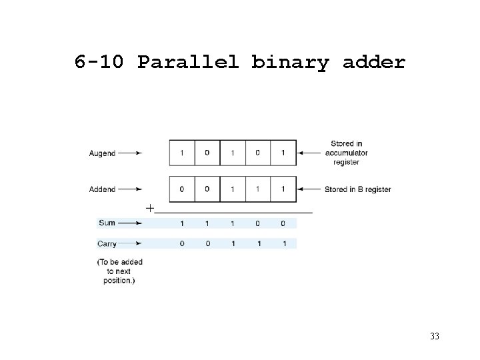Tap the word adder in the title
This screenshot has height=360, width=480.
click(373, 63)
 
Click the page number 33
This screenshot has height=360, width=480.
click(435, 336)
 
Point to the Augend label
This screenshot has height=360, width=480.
click(102, 153)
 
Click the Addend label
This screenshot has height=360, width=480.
click(102, 189)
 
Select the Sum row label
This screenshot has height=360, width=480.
click(107, 223)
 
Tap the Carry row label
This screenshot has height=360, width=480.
click(107, 244)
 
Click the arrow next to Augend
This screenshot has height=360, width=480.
click(131, 153)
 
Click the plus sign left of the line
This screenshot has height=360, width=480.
click(150, 208)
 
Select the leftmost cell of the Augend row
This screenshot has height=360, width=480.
click(182, 153)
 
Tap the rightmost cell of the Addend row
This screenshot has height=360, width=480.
click(283, 189)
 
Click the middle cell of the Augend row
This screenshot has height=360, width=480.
click(233, 153)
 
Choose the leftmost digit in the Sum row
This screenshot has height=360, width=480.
click(182, 223)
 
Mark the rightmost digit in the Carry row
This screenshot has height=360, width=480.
click(284, 244)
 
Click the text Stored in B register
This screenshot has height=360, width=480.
click(358, 189)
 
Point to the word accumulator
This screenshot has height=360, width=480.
click(347, 153)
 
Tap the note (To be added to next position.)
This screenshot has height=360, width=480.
click(120, 271)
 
